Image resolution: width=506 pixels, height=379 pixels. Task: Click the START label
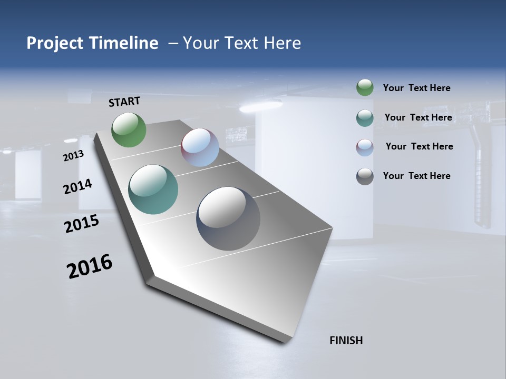point(124,102)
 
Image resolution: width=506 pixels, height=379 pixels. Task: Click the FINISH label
point(346,341)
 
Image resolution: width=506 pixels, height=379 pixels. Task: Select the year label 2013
point(73,156)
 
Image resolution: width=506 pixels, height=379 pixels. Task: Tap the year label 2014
point(77,186)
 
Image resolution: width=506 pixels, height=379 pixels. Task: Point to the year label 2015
point(82,224)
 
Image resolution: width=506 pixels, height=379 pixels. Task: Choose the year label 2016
point(90,266)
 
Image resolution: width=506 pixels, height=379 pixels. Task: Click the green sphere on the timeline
point(129,129)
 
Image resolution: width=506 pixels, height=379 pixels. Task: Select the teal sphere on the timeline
point(153,189)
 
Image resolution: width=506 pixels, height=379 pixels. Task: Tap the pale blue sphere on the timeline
point(200,147)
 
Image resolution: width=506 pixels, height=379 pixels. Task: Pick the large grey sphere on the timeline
point(228,218)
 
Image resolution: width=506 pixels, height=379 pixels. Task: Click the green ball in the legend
point(365,87)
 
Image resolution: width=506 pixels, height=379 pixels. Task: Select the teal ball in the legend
point(365,118)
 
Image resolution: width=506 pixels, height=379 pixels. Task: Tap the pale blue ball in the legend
point(365,147)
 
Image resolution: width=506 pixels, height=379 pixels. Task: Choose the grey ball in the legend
point(365,176)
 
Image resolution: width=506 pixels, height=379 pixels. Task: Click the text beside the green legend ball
point(416,88)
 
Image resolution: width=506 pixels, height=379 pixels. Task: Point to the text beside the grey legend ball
point(416,176)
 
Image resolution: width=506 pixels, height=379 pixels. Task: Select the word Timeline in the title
point(125,43)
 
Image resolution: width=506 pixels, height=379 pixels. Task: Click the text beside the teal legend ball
point(418,117)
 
